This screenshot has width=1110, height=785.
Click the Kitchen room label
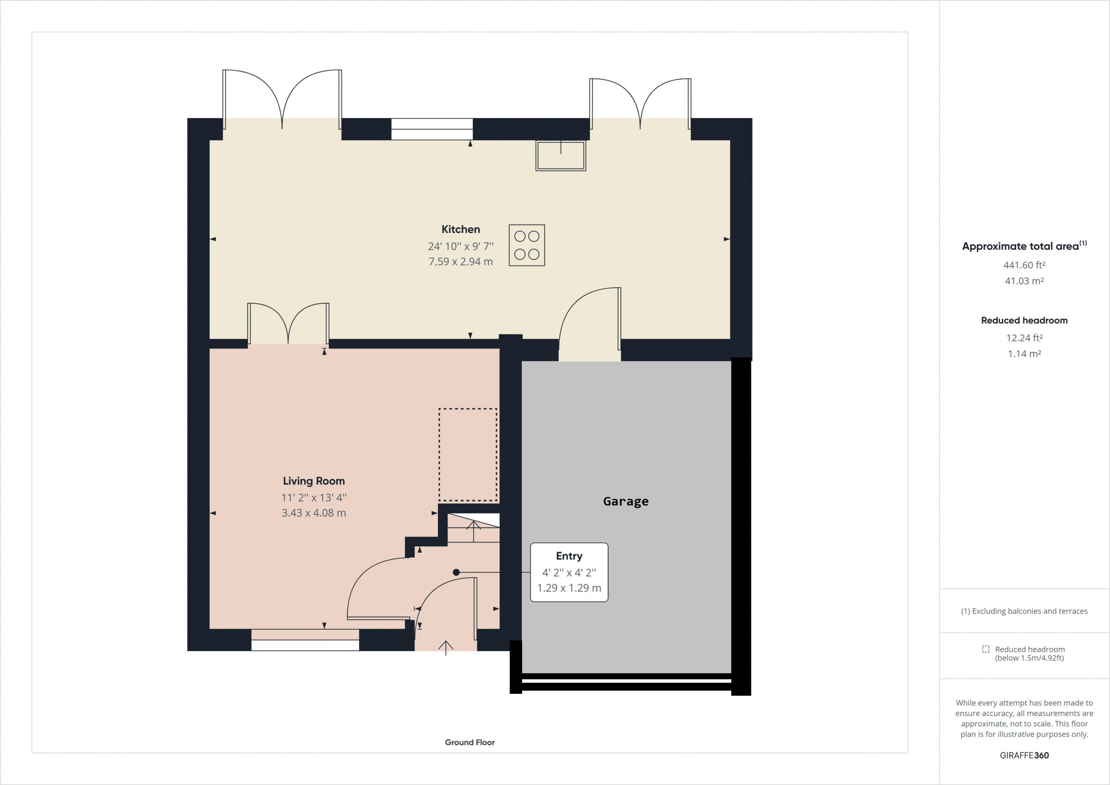[460, 229]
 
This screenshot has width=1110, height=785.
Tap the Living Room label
[314, 481]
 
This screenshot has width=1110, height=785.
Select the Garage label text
[626, 501]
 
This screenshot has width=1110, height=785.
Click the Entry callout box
[569, 572]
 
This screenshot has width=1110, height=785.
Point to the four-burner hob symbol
[526, 245]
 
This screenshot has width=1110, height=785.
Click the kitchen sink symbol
[561, 156]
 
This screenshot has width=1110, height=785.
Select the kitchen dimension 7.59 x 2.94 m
[460, 262]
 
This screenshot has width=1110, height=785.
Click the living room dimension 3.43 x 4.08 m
[314, 513]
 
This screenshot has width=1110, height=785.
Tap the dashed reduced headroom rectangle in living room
[439, 455]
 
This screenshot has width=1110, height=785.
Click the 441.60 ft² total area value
[1024, 265]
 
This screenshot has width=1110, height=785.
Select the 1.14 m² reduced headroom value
[1024, 353]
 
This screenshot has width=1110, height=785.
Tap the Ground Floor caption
[470, 742]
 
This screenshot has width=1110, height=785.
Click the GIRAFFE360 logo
[1024, 755]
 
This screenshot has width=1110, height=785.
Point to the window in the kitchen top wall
[432, 129]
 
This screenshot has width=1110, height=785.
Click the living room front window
[305, 640]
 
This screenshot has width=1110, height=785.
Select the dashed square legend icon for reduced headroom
[985, 649]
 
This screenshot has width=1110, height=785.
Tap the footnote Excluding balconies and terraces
[1024, 611]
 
